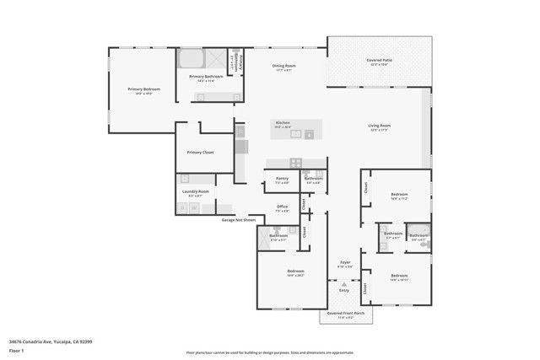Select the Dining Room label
(x=283, y=66)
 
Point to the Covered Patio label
(x=378, y=61)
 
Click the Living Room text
(x=379, y=126)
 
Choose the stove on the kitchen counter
(x=295, y=163)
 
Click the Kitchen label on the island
(x=282, y=122)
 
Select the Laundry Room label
(x=195, y=191)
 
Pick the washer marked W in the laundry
(x=183, y=211)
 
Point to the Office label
(x=283, y=207)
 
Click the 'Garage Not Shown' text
(x=238, y=219)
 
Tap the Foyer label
(x=344, y=262)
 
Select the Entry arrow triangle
(x=344, y=286)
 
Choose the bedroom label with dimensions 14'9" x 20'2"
(x=294, y=271)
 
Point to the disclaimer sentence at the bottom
(x=270, y=352)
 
